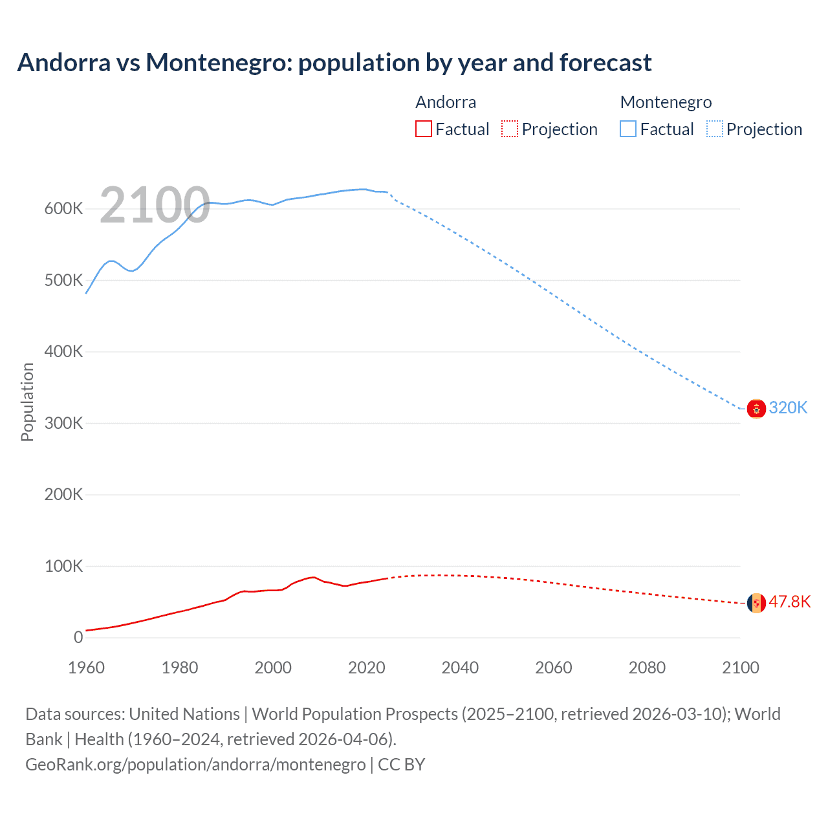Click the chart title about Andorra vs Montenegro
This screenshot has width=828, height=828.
coord(334,63)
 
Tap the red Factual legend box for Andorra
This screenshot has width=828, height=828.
coord(423,129)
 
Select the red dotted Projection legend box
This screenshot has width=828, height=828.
coord(510,129)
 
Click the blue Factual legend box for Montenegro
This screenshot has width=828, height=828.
coord(627,129)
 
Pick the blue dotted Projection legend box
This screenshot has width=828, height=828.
coord(715,129)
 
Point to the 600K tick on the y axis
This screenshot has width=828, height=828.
coord(63,209)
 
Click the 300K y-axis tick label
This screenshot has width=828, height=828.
coord(63,424)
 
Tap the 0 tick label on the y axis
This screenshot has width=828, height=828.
coord(78,638)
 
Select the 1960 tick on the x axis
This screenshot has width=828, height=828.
coord(86,668)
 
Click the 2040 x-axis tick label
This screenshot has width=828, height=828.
coord(460,668)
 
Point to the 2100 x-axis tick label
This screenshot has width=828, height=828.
coord(740,668)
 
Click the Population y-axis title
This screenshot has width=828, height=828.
coord(27,402)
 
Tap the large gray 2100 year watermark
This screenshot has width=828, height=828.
coord(155,205)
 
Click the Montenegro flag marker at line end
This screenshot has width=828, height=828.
coord(756,409)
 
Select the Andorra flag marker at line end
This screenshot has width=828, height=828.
coord(756,603)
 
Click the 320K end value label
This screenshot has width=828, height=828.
coord(788,408)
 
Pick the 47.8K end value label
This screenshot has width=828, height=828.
coord(789,602)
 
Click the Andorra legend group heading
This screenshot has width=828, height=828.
coord(446,102)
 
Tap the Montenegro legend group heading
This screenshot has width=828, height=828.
coord(666,102)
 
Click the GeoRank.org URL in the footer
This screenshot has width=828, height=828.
coord(195,765)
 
